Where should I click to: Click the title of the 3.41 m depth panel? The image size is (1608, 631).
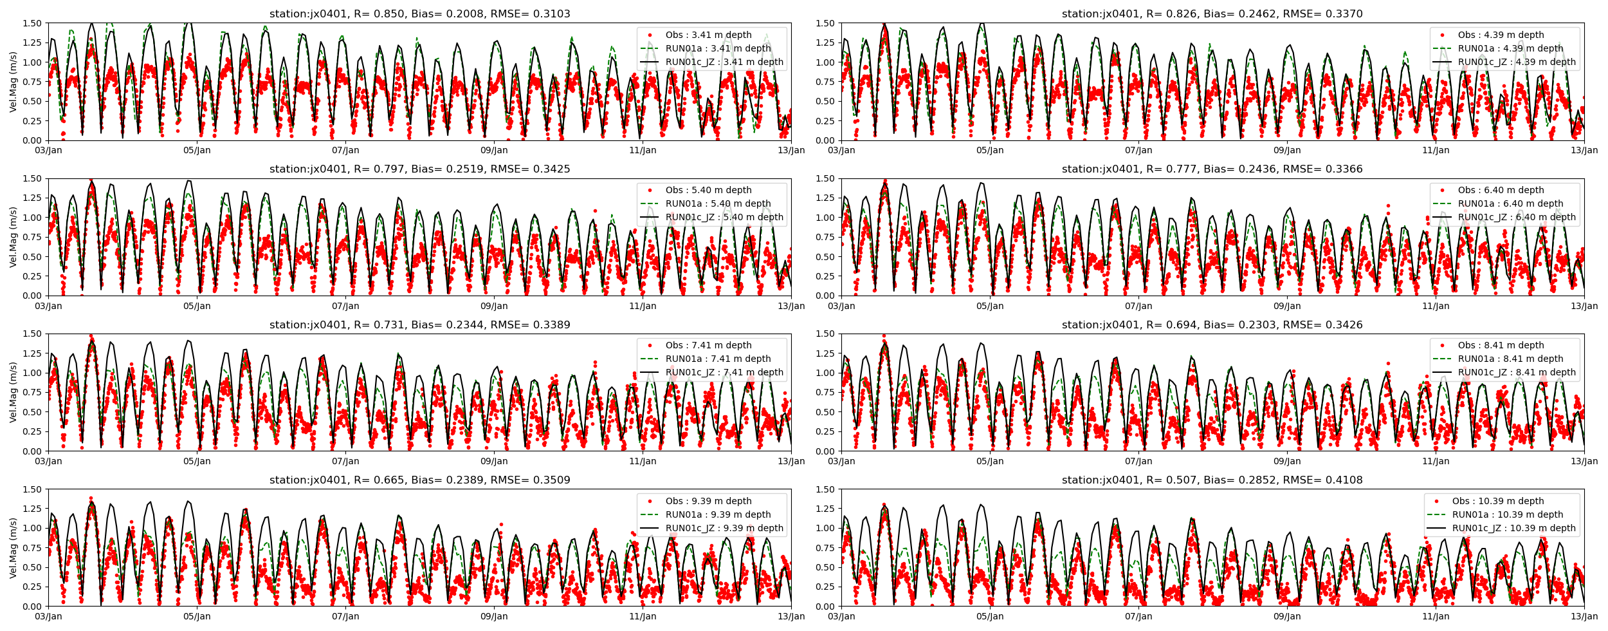click(x=419, y=14)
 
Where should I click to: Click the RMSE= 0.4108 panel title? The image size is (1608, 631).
click(x=1212, y=480)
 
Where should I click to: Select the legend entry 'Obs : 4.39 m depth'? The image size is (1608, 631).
click(x=1501, y=35)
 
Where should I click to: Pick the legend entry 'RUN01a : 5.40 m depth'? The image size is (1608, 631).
click(x=718, y=203)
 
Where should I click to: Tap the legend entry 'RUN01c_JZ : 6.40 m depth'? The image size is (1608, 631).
click(x=1517, y=217)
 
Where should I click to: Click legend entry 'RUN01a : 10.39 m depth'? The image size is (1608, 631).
click(x=1507, y=514)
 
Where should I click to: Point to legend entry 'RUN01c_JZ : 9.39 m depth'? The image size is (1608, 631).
click(x=724, y=528)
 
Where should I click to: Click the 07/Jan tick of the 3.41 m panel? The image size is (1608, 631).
click(x=345, y=151)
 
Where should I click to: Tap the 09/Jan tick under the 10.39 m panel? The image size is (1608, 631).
click(x=1287, y=616)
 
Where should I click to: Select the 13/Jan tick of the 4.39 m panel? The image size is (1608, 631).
click(x=1584, y=151)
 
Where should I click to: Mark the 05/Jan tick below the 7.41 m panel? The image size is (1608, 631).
click(x=197, y=461)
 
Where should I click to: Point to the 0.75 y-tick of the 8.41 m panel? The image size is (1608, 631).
click(x=825, y=392)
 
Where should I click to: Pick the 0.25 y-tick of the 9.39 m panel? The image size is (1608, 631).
click(x=32, y=587)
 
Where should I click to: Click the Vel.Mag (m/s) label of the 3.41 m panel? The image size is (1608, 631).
click(x=14, y=82)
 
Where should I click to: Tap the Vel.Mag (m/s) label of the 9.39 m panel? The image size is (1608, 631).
click(x=14, y=548)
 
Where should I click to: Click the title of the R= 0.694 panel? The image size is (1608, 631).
click(x=1212, y=325)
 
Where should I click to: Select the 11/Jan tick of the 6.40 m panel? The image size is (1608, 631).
click(x=1436, y=306)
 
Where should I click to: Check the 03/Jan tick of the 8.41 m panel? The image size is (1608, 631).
click(x=841, y=461)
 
